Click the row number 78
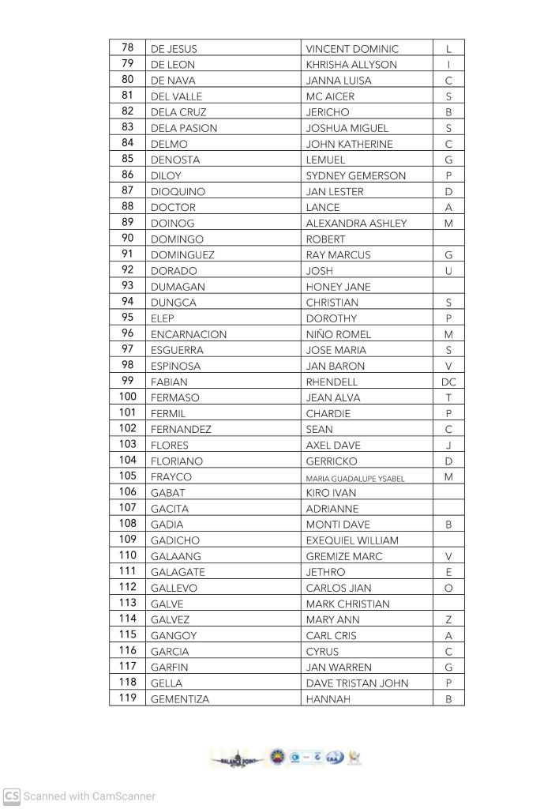coord(127,48)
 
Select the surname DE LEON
coord(172,65)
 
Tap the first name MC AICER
coord(330,96)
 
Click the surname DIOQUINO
coord(178,191)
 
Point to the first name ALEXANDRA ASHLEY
coord(356,224)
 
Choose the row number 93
coord(127,286)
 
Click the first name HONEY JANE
coord(338,287)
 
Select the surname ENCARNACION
coord(188,334)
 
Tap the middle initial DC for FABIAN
coord(448,382)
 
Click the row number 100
coord(127,397)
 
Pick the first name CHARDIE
coord(328,413)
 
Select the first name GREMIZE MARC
coord(343,556)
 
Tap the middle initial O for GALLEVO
coord(448,588)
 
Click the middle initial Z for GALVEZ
coord(448,619)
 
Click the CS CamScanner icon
coord(11,796)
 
